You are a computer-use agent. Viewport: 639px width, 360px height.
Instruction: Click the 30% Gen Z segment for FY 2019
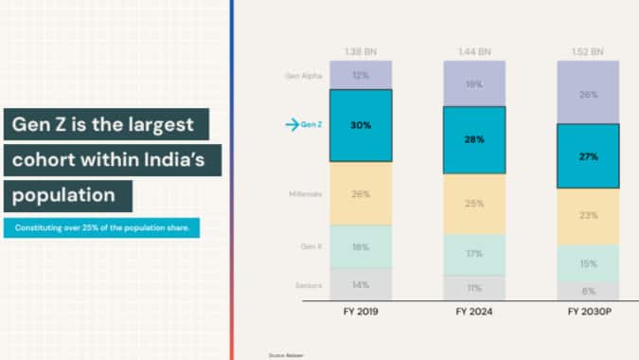(360, 125)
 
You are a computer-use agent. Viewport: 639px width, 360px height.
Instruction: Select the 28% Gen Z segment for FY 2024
(474, 139)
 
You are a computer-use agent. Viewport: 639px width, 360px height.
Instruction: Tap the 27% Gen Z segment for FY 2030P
(588, 156)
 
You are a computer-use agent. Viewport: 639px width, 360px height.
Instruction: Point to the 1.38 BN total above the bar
(360, 50)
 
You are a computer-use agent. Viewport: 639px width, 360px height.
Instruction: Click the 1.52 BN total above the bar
(588, 50)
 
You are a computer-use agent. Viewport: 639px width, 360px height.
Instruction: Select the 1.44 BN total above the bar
(474, 50)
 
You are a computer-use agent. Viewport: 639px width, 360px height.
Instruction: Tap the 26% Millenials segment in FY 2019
(360, 194)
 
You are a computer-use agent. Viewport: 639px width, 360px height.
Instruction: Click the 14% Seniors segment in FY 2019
(360, 284)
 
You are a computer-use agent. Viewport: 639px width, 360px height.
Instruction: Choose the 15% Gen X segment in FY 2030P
(588, 263)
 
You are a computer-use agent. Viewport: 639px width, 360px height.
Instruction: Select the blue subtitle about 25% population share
(101, 227)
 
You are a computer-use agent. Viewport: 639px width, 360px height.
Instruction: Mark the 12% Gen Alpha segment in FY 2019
(360, 75)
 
